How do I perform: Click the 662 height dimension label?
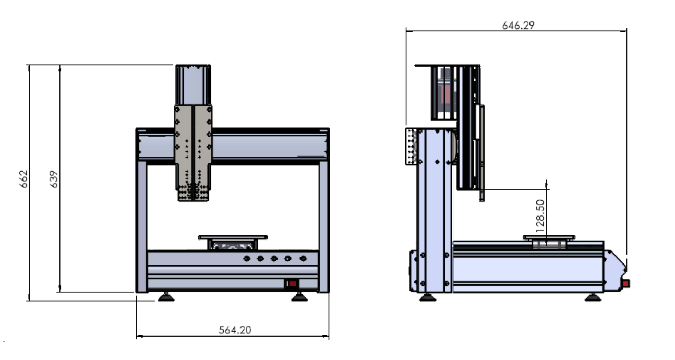(x=23, y=179)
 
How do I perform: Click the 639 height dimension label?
(x=54, y=179)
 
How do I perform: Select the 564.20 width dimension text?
(x=235, y=330)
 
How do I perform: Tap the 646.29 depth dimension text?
(x=519, y=26)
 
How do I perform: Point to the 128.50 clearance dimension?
(x=540, y=216)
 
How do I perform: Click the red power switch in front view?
(x=292, y=284)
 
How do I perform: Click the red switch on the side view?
(x=626, y=283)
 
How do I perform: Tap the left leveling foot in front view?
(x=166, y=297)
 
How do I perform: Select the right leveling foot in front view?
(x=299, y=297)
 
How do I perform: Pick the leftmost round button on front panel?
(x=247, y=258)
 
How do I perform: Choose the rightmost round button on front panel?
(x=303, y=258)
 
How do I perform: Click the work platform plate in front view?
(x=233, y=237)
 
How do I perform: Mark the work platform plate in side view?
(x=549, y=237)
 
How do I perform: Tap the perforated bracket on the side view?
(x=412, y=147)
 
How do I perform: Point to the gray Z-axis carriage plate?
(x=193, y=152)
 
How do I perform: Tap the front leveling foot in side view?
(x=593, y=297)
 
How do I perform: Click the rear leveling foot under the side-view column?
(x=428, y=297)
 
